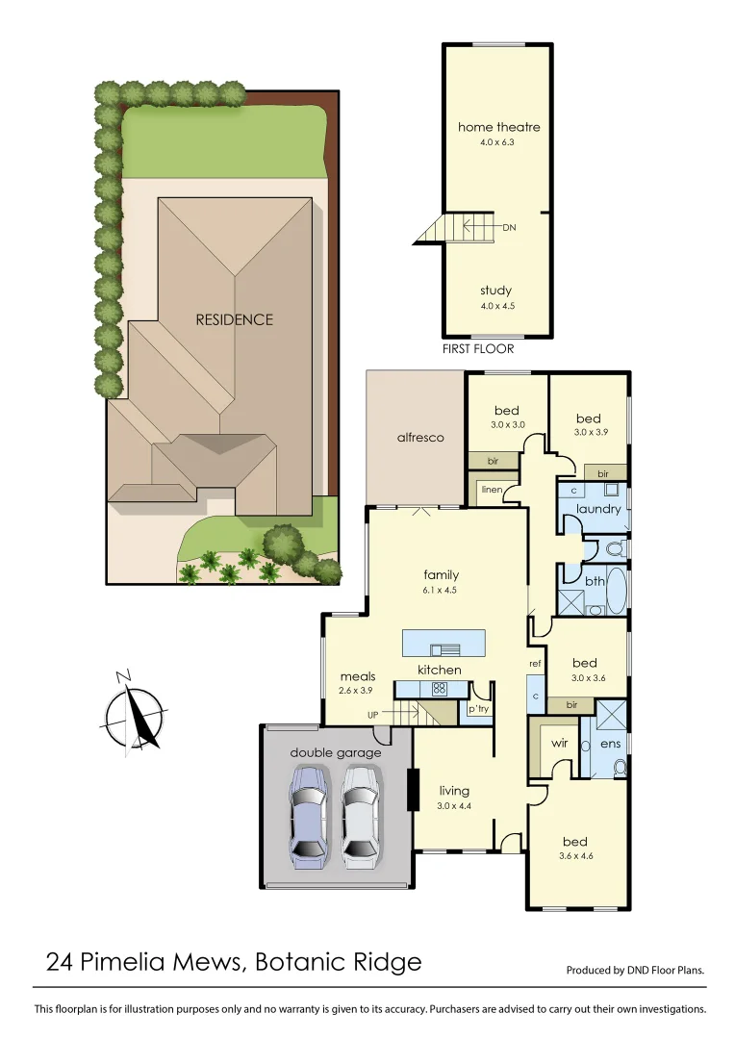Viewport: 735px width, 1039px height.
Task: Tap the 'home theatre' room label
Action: tap(498, 127)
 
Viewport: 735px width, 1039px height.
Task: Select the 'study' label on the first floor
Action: tap(495, 291)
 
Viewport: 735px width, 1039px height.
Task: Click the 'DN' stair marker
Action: tap(510, 228)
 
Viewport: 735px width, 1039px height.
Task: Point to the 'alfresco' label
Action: tap(420, 437)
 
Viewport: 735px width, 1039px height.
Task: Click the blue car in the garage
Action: tap(310, 817)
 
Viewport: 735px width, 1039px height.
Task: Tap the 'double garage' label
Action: tap(336, 752)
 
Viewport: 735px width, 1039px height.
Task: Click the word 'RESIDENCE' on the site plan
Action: tap(235, 319)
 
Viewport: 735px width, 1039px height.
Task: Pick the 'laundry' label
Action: tap(598, 509)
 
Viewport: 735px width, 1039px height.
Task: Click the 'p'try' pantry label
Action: tap(478, 709)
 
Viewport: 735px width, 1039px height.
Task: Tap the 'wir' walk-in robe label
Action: tap(559, 744)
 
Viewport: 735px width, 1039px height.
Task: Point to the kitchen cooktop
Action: tap(439, 688)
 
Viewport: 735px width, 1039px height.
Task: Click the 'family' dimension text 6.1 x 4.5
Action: tap(442, 591)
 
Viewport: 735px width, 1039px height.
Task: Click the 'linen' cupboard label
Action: tap(491, 490)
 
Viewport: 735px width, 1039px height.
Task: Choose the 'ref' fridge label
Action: tap(535, 664)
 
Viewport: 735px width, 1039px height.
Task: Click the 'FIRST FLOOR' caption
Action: tap(478, 349)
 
